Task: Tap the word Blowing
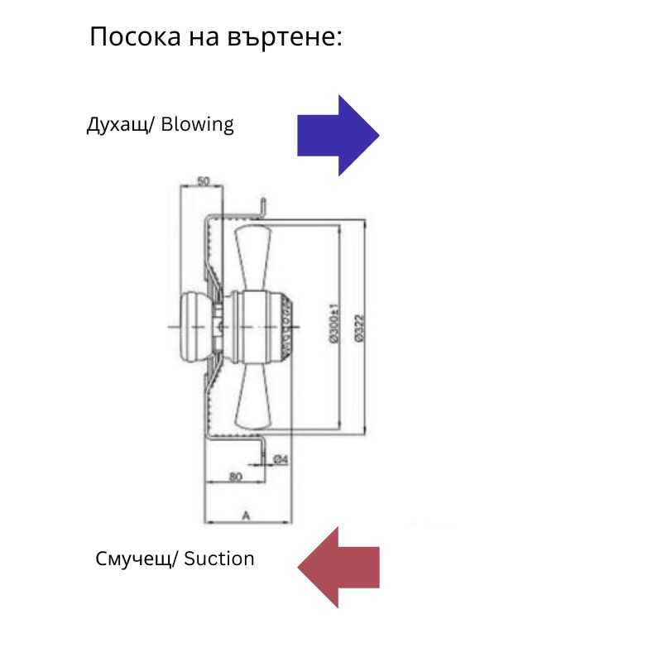(x=198, y=125)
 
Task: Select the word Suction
(x=219, y=559)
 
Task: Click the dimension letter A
(x=246, y=516)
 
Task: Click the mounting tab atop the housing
(x=262, y=207)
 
